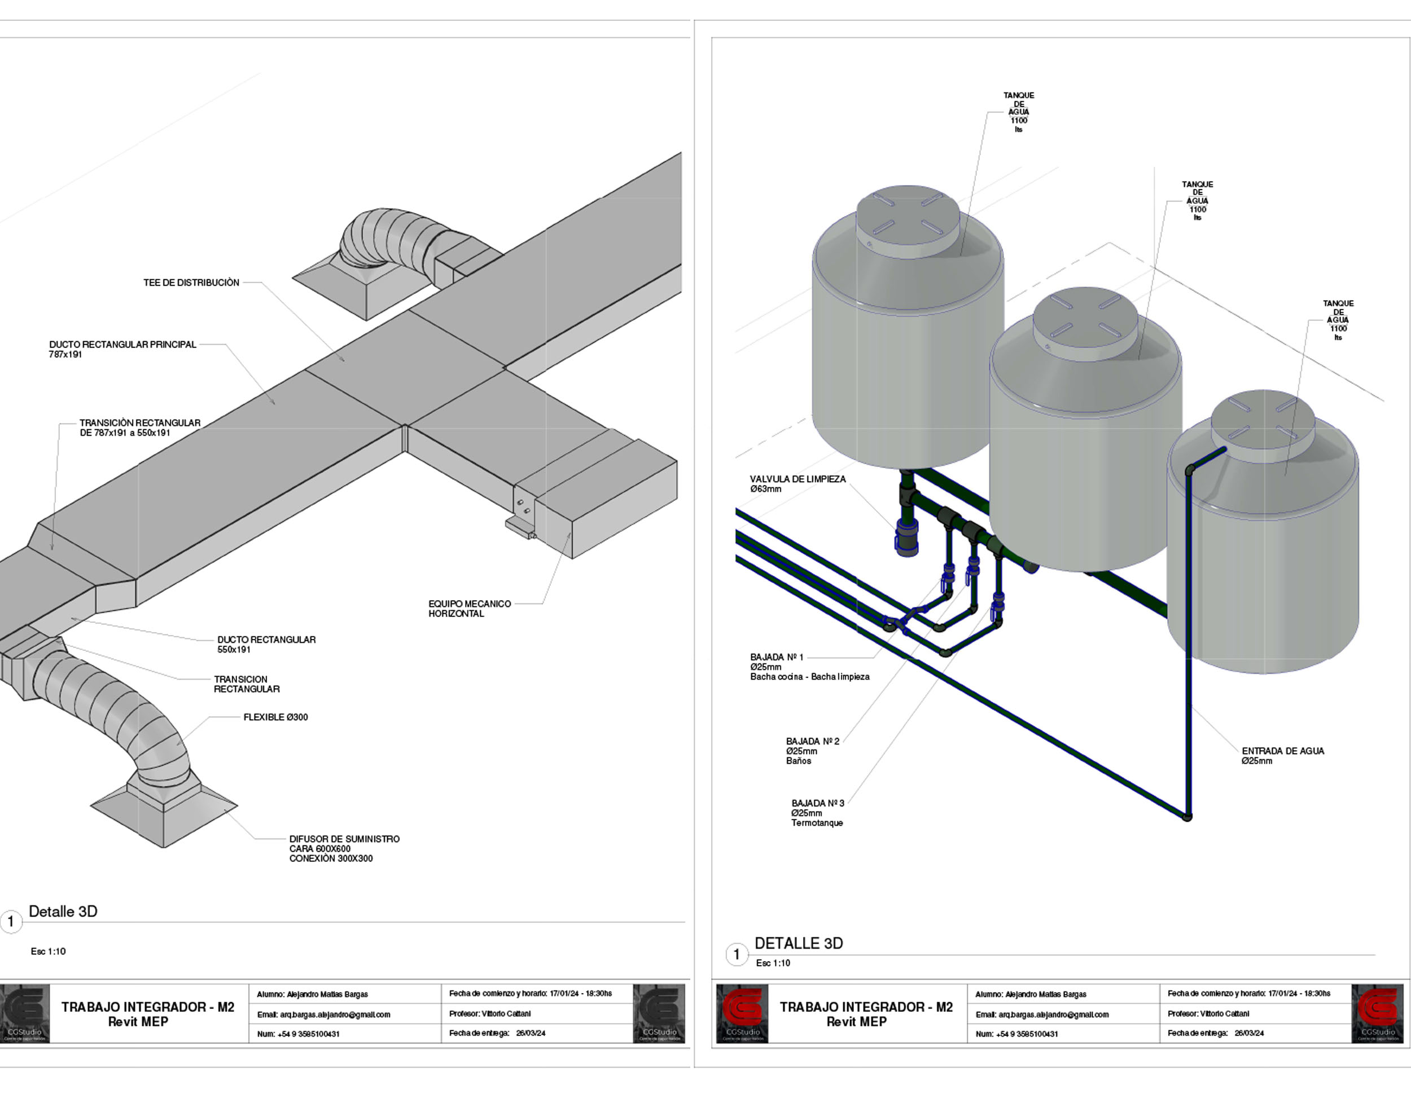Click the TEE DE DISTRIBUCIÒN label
pyautogui.click(x=191, y=283)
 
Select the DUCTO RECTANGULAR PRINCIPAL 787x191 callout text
pyautogui.click(x=122, y=349)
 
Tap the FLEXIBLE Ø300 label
pyautogui.click(x=275, y=717)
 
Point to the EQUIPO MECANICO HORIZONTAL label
pyautogui.click(x=469, y=609)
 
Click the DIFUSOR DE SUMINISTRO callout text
pyautogui.click(x=344, y=848)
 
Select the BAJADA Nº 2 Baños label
pyautogui.click(x=812, y=751)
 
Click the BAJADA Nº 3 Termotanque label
pyautogui.click(x=817, y=813)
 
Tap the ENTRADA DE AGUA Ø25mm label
pyautogui.click(x=1282, y=756)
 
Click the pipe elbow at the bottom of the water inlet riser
pyautogui.click(x=1187, y=817)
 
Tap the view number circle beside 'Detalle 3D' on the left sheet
pyautogui.click(x=11, y=922)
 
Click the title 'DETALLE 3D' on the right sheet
pyautogui.click(x=799, y=943)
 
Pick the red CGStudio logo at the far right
pyautogui.click(x=1377, y=1012)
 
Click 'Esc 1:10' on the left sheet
pyautogui.click(x=48, y=951)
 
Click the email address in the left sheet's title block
pyautogui.click(x=323, y=1014)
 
